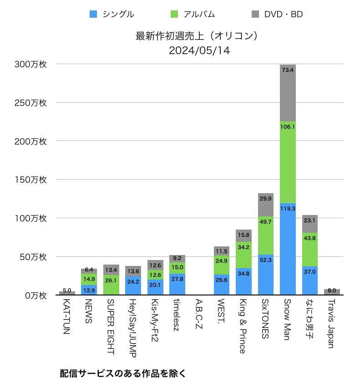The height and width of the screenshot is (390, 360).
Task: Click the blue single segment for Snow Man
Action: (288, 249)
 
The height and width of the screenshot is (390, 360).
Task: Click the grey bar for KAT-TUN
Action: (67, 293)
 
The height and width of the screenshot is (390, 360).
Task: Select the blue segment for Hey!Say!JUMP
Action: (133, 285)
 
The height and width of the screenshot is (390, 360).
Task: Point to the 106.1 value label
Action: (288, 127)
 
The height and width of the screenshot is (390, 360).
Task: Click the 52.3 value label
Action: (266, 260)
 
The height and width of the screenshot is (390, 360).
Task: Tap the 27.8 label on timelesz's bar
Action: (177, 279)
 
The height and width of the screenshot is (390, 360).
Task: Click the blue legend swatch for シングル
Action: (94, 14)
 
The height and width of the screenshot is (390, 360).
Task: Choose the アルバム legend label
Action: (199, 14)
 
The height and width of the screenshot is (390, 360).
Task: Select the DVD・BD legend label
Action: (283, 14)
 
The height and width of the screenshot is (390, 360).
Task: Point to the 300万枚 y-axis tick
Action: (30, 65)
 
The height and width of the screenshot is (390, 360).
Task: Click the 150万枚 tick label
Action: (30, 180)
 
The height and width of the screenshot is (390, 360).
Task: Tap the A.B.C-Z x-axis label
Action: (199, 316)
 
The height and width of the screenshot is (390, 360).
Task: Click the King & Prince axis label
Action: (243, 326)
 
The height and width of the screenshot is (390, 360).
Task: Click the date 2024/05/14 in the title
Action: (199, 50)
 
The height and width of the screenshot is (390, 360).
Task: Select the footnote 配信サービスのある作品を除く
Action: (123, 374)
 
